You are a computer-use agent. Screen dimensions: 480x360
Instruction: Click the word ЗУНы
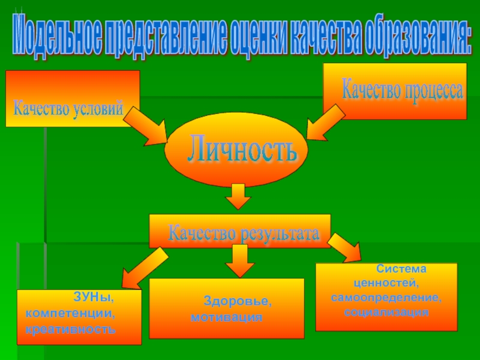point(93,296)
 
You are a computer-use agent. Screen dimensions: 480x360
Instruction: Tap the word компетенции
point(70,313)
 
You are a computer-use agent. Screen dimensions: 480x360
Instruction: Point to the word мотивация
point(227,317)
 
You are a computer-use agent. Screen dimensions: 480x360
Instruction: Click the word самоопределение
point(386,298)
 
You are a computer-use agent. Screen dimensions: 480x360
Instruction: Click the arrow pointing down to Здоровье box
point(239,260)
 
